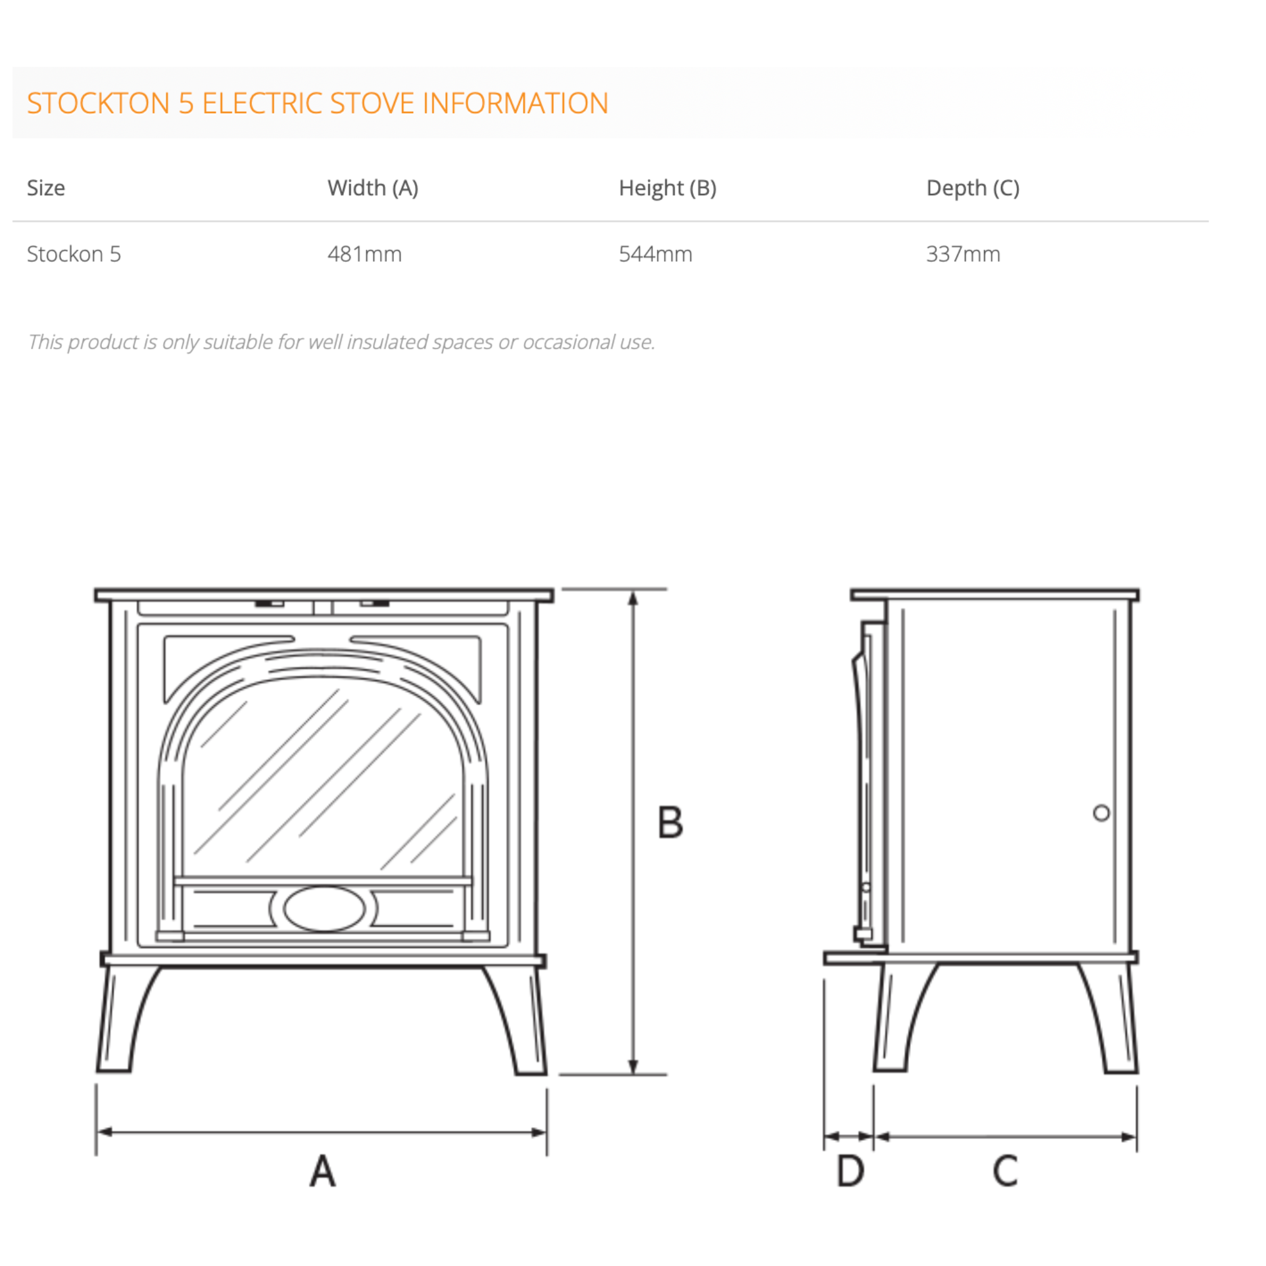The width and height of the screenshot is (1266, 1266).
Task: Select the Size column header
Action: (46, 188)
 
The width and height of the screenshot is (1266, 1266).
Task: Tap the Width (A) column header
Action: (372, 188)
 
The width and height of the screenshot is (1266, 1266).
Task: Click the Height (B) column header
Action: (667, 188)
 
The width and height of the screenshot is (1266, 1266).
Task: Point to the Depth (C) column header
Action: (972, 188)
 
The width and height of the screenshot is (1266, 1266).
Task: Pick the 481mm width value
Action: (364, 254)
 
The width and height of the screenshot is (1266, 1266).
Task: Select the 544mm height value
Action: (655, 254)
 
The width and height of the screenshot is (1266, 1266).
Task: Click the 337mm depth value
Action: (963, 254)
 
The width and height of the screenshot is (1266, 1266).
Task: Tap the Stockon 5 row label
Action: (73, 254)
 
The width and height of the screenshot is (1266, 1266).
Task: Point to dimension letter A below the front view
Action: (323, 1171)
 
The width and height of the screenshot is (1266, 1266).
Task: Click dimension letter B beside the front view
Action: (670, 822)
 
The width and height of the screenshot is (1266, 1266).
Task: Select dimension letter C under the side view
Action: (1005, 1171)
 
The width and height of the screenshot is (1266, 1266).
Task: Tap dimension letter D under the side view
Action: (850, 1171)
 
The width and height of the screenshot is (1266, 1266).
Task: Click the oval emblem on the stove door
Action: (324, 909)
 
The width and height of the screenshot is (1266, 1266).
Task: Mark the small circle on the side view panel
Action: (1102, 813)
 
